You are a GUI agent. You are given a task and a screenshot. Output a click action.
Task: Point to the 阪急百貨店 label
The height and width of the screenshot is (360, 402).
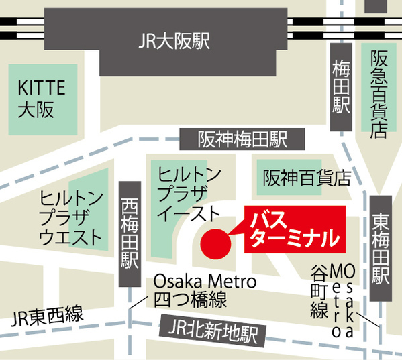coord(379,94)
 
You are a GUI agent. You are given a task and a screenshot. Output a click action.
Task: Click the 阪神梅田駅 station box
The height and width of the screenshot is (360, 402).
coord(242,139)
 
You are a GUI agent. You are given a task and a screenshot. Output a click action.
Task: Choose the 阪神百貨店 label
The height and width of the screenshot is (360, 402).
coord(307,178)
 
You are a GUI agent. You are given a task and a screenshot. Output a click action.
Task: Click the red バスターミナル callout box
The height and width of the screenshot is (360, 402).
coord(295,229)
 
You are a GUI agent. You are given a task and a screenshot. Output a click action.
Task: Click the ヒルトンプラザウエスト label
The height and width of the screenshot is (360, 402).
coord(72,217)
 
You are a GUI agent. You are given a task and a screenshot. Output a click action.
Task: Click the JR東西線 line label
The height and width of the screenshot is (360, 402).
coord(48,314)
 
